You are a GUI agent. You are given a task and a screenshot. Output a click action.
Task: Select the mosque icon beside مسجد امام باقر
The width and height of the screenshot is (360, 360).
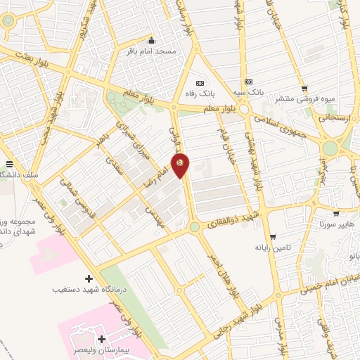151,40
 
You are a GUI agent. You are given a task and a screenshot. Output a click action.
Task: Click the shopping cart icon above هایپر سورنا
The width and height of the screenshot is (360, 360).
335,213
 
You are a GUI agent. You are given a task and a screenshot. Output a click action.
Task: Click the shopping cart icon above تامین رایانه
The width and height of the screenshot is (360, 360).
272,237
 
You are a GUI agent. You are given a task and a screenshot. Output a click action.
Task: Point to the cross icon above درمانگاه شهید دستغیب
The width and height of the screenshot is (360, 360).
88,278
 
